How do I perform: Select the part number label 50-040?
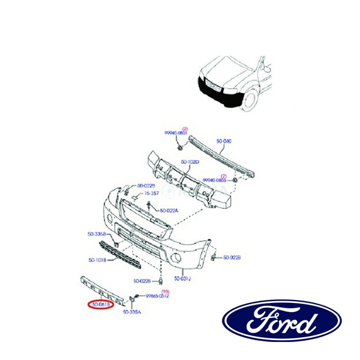coord(223,141)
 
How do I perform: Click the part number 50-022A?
coord(170,210)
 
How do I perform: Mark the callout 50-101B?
coord(98,260)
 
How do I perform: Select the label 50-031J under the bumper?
coord(182,279)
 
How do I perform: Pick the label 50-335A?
coord(132,312)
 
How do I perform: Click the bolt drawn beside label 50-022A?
coord(148,207)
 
